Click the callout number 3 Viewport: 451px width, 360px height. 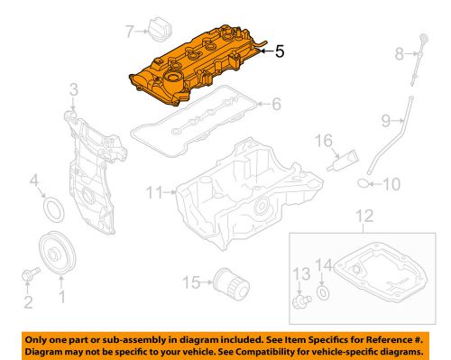point(74,91)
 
